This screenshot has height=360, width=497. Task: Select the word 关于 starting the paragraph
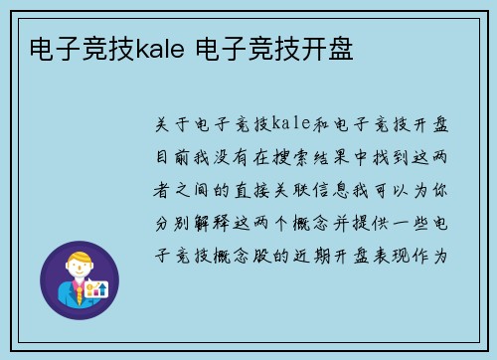pos(170,124)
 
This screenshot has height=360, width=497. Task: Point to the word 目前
pos(170,156)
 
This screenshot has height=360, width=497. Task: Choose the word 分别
pos(170,221)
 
